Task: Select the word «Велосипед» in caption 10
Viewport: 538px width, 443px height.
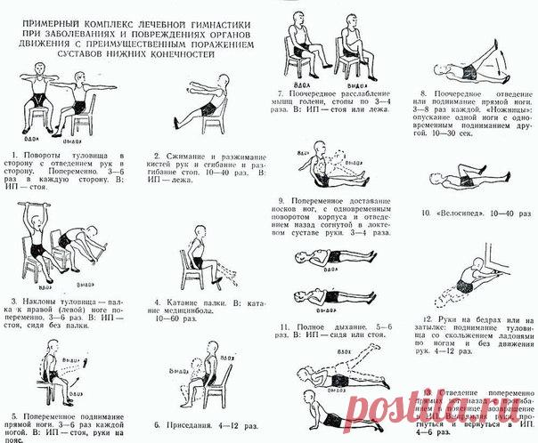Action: tap(453, 213)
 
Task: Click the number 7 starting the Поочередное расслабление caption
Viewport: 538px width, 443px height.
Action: tap(280, 93)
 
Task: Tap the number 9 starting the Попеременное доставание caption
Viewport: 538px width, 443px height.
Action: tap(280, 200)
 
